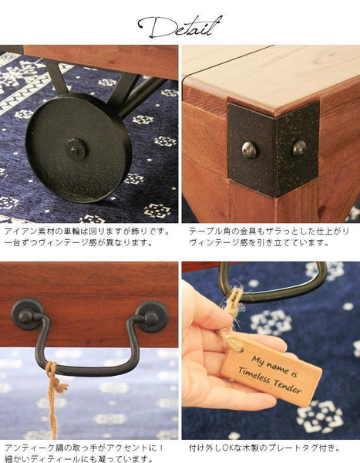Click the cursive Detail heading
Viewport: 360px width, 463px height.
point(180,26)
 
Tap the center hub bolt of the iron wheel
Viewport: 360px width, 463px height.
point(76,150)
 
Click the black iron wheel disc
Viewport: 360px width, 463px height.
point(78,147)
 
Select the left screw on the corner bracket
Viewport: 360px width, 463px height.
point(249,150)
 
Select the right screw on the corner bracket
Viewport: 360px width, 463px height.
point(300,148)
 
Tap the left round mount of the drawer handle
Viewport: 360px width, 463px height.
point(28,314)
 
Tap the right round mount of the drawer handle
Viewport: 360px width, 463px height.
point(151,317)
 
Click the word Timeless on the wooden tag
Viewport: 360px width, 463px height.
point(254,375)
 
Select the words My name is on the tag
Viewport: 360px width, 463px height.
point(274,366)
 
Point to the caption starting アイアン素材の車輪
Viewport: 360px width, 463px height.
point(88,237)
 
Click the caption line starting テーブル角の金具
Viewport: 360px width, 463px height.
point(269,231)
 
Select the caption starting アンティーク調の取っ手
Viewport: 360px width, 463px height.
point(84,453)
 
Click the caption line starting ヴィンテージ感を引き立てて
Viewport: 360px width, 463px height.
point(259,243)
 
